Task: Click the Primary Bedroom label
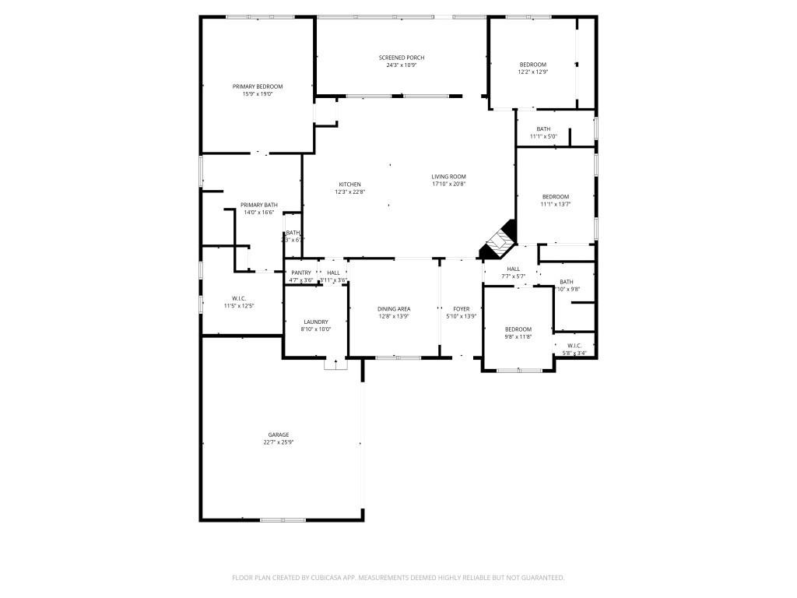pos(258,86)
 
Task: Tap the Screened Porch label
pos(401,58)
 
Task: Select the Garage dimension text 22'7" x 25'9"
pos(278,442)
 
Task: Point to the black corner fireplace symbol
pos(499,241)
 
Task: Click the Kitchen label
pos(349,185)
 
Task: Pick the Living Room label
pos(448,177)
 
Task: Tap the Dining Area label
pos(393,309)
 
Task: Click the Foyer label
pos(461,309)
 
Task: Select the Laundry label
pos(315,322)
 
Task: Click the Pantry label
pos(301,273)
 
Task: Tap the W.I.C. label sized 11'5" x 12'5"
pos(239,298)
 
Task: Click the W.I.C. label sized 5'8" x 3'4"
pos(574,346)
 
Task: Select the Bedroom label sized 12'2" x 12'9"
pos(533,65)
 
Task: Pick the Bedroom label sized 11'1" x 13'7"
pos(555,197)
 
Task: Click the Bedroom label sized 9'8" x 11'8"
pos(518,329)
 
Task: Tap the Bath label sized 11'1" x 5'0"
pos(543,129)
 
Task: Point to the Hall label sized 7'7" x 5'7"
pos(514,269)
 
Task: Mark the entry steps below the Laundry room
pos(335,364)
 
